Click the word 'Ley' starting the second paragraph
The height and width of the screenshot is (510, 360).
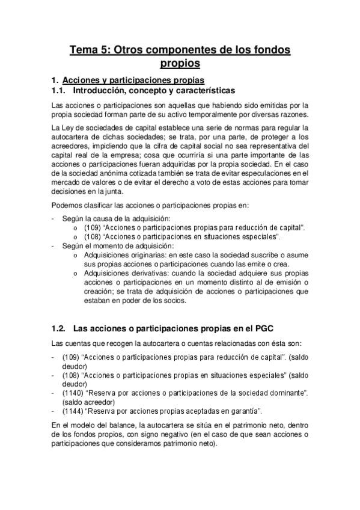pos(67,127)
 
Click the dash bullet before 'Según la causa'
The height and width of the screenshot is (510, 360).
pos(54,218)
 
